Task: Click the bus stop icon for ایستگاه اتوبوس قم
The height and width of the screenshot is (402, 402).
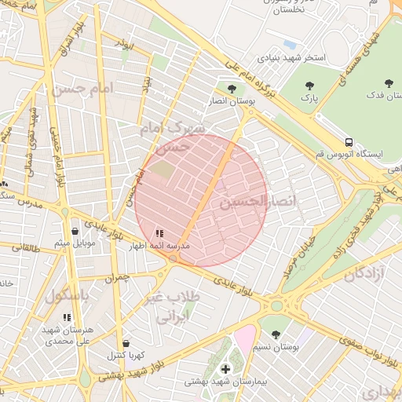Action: click(348, 142)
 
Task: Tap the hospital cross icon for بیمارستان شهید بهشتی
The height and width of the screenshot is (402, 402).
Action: click(226, 368)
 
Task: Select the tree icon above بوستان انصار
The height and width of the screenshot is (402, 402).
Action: click(230, 90)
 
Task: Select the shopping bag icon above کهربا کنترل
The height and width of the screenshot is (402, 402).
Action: click(126, 343)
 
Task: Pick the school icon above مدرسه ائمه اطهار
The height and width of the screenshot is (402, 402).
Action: click(159, 232)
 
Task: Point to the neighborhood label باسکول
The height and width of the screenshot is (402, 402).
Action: click(69, 297)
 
